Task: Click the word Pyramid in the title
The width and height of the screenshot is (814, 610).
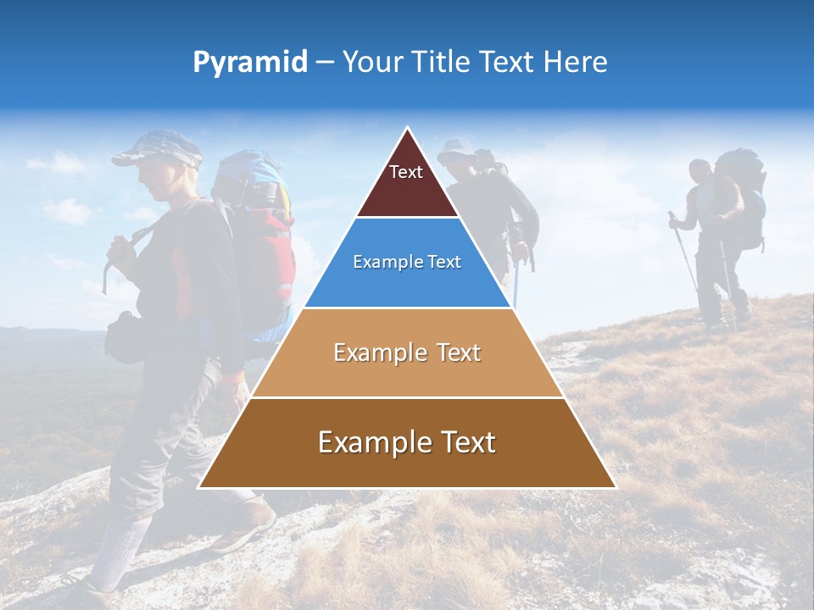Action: click(x=250, y=62)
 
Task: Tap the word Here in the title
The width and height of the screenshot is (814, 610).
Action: click(x=576, y=62)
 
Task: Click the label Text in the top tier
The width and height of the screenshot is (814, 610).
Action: click(x=406, y=172)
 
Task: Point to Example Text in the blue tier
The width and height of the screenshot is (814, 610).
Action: click(x=407, y=262)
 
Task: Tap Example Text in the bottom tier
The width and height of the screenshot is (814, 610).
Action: click(x=407, y=442)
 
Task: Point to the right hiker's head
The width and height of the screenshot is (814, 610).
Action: click(x=700, y=172)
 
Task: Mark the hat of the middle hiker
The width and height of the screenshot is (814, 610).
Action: click(x=456, y=149)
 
